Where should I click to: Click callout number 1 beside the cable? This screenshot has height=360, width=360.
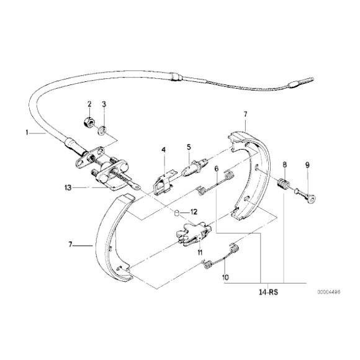click(x=27, y=132)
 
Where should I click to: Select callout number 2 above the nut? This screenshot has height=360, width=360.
click(x=89, y=104)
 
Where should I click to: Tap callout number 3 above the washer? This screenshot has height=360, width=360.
click(x=104, y=104)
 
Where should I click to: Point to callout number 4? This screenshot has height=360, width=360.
click(x=164, y=150)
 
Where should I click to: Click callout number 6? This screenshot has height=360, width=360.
click(x=217, y=168)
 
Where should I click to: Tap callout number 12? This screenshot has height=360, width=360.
click(x=194, y=212)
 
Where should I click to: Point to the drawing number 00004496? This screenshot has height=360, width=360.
click(x=330, y=292)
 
